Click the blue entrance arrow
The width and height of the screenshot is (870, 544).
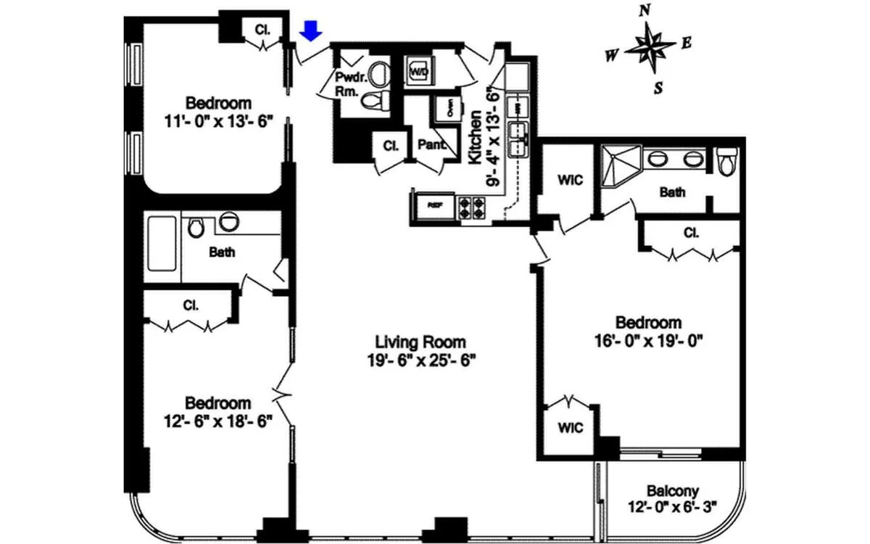[311, 30]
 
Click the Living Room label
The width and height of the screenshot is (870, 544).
[420, 342]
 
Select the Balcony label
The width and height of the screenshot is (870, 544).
[673, 491]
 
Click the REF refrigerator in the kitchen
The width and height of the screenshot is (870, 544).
[434, 206]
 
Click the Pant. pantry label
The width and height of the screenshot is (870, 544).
[431, 144]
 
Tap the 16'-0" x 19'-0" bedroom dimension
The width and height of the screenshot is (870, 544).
[648, 338]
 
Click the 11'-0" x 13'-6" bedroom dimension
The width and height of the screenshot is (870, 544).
[218, 120]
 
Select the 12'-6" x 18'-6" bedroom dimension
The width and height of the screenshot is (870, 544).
[218, 421]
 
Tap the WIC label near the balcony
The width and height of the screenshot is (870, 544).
[571, 428]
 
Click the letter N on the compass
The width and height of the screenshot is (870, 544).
[644, 10]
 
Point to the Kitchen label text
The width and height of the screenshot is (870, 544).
[476, 138]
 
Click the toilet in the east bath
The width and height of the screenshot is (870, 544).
[726, 161]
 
